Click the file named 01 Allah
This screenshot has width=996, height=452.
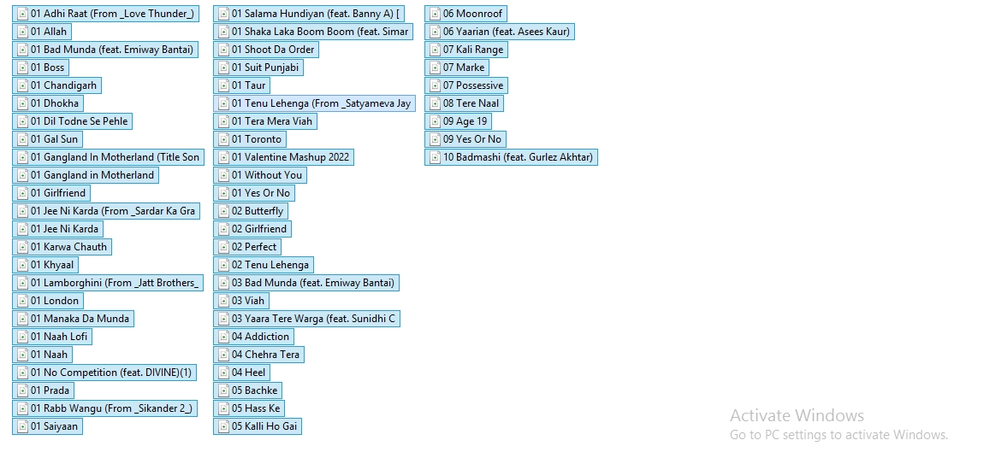pyautogui.click(x=48, y=32)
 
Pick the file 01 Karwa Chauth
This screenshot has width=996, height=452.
pyautogui.click(x=68, y=247)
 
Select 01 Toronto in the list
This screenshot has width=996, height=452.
pyautogui.click(x=256, y=139)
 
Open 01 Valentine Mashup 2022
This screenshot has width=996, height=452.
pyautogui.click(x=290, y=157)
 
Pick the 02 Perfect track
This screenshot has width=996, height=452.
pyautogui.click(x=253, y=247)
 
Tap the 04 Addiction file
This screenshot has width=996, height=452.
pyautogui.click(x=260, y=337)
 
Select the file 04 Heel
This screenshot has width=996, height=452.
pyautogui.click(x=248, y=373)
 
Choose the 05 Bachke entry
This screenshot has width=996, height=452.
pyautogui.click(x=254, y=390)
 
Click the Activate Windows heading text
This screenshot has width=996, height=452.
pyautogui.click(x=797, y=416)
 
